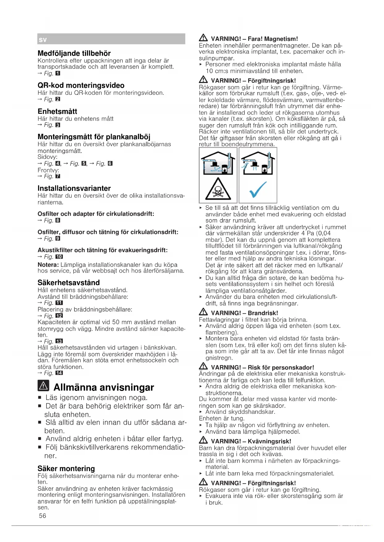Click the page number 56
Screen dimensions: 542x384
coord(42,515)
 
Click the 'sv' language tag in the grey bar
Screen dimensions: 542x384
coord(43,40)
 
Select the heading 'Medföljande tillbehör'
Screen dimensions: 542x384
coord(74,53)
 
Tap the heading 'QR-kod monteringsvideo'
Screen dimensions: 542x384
coord(81,85)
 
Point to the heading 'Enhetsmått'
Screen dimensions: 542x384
coord(57,111)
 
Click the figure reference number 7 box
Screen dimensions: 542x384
coord(58,176)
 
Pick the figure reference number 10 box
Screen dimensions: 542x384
coord(59,257)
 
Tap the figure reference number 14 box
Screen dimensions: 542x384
coord(59,373)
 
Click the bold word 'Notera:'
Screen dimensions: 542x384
coord(48,265)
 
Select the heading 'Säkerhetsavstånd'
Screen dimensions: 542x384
coord(68,282)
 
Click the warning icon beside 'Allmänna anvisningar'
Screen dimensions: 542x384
coord(44,386)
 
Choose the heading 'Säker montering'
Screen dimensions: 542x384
coord(66,468)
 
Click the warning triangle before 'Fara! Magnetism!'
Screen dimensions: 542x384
coord(203,38)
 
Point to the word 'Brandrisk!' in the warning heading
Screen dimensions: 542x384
coord(263,313)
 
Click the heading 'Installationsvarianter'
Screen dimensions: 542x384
coord(74,188)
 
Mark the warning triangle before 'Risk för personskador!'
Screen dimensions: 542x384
coord(203,367)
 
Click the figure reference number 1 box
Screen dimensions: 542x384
coord(58,74)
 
